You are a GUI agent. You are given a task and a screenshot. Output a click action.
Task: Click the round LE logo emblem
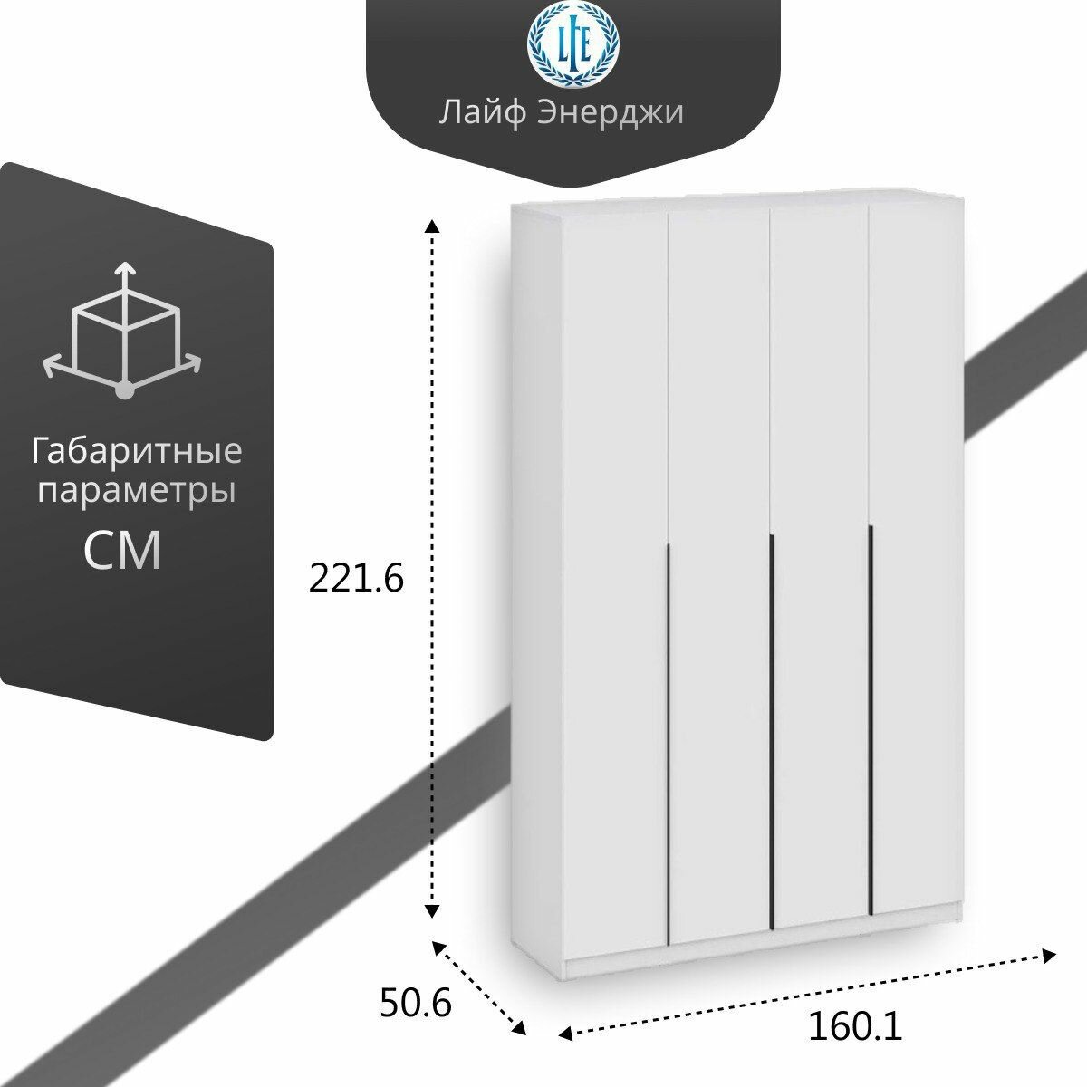[x=573, y=44]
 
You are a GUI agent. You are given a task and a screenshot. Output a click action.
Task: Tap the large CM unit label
[x=122, y=550]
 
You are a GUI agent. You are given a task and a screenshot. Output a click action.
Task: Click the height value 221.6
[x=356, y=578]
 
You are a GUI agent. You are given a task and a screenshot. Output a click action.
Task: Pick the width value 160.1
[x=855, y=1027]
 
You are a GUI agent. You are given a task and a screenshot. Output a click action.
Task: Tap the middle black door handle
[x=771, y=730]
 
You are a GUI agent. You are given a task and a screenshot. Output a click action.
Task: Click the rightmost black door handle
[x=870, y=721]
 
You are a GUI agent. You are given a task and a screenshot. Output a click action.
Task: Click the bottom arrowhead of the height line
[x=433, y=909]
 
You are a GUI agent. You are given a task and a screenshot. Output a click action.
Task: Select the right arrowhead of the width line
[x=1049, y=955]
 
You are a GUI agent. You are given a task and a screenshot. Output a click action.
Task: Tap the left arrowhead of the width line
[x=564, y=1034]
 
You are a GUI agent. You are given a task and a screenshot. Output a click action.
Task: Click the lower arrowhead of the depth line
[x=519, y=1027]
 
